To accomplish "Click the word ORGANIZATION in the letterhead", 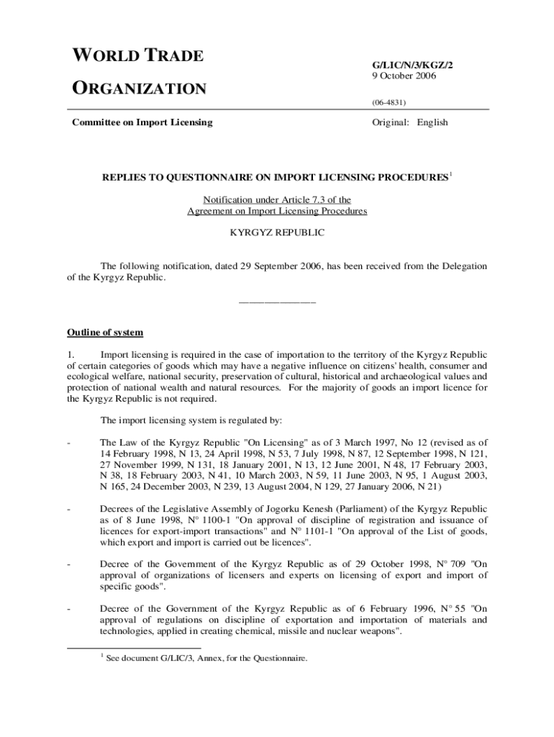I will (139, 89).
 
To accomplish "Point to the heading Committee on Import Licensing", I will (142, 122).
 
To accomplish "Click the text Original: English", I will (409, 122).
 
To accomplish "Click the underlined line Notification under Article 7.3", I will (277, 199).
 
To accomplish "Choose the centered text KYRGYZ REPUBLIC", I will (277, 232).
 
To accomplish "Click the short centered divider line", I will (277, 300).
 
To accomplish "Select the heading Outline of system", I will (105, 333).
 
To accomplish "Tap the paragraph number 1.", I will (71, 354).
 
